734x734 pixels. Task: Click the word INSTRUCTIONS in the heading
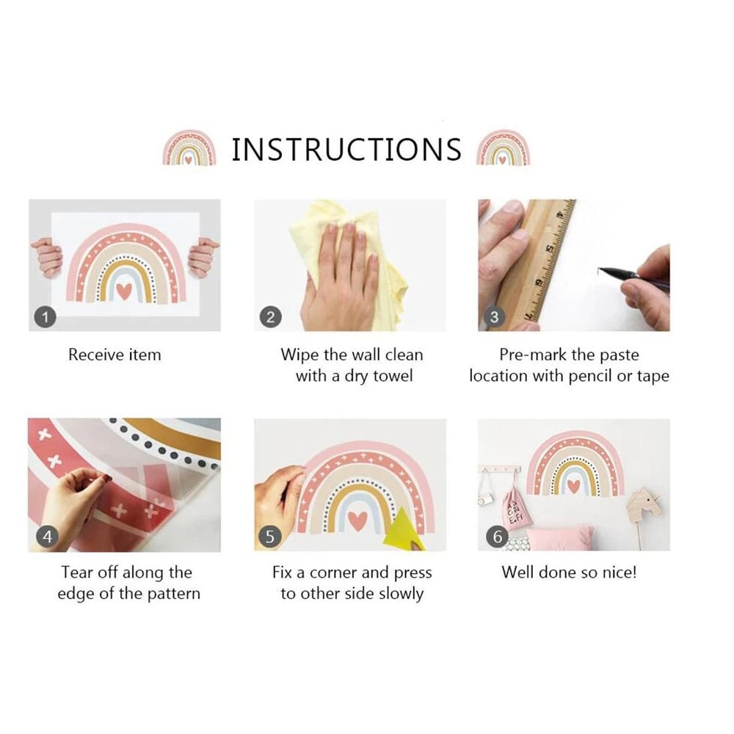[x=346, y=150]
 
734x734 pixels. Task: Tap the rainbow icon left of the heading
[x=189, y=148]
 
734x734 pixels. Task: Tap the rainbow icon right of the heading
[x=503, y=148]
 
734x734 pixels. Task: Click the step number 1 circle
[x=45, y=318]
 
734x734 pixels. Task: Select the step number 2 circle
[x=271, y=318]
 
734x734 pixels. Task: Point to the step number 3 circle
[x=494, y=318]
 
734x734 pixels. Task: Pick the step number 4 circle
[x=47, y=537]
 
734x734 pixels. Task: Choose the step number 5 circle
[x=270, y=537]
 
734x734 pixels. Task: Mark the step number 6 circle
[x=497, y=537]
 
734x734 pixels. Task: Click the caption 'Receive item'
[x=115, y=355]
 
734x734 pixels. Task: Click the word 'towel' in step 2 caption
[x=393, y=376]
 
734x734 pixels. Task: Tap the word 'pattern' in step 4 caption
[x=174, y=594]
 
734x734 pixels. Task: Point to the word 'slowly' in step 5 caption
[x=401, y=594]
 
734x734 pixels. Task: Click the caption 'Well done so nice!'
[x=570, y=572]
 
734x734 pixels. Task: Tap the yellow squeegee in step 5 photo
[x=404, y=530]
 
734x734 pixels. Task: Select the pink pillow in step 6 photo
[x=559, y=538]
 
